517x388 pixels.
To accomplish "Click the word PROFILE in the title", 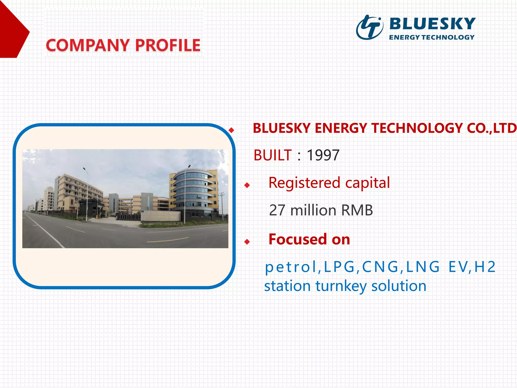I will (168, 45).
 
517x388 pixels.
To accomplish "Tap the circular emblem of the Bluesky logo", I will (369, 27).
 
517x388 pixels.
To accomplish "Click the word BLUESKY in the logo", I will (432, 24).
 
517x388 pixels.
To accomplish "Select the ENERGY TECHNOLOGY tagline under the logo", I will (432, 37).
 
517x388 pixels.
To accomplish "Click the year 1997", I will (323, 155).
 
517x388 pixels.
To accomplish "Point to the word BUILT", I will (273, 155).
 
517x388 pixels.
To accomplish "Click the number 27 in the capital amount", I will (277, 210).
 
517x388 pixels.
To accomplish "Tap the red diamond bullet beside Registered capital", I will (247, 185).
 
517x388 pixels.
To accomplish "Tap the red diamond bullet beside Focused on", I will (247, 242).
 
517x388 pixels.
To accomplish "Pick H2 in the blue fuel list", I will (485, 267).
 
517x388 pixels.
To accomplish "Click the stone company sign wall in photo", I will (161, 216).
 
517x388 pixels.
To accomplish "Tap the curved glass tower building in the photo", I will (193, 192).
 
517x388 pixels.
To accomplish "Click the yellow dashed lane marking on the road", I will (168, 240).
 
